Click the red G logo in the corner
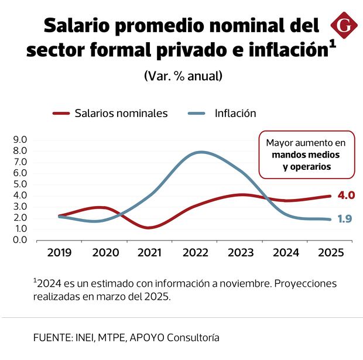[344, 26]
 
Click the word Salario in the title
[78, 26]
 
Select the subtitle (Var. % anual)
[183, 76]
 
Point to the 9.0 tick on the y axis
[20, 140]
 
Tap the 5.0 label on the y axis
[20, 184]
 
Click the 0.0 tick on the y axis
[20, 240]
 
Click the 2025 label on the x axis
[330, 252]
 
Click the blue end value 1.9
[345, 219]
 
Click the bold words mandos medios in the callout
[306, 155]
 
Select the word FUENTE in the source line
[50, 338]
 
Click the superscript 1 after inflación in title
[332, 45]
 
